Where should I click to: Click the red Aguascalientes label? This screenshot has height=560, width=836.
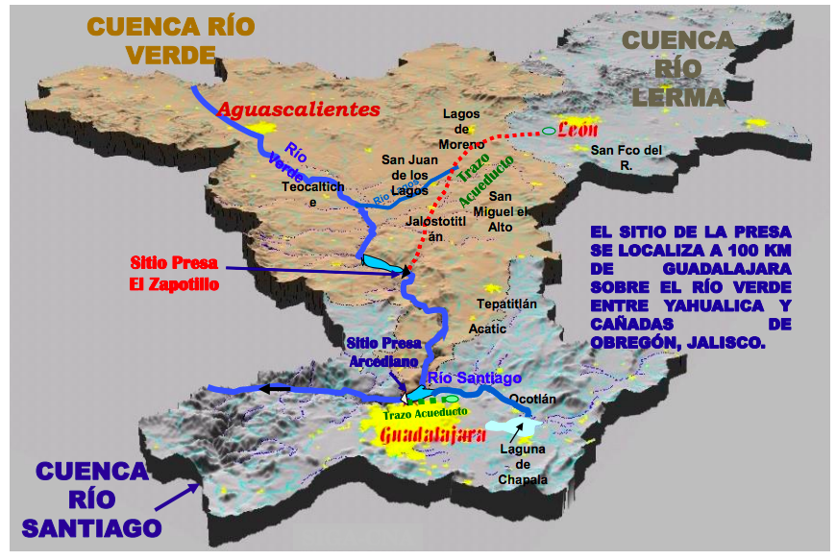(299, 110)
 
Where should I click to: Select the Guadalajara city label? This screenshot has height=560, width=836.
(430, 434)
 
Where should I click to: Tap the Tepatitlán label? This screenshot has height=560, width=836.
(506, 304)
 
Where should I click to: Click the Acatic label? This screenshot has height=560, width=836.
(487, 328)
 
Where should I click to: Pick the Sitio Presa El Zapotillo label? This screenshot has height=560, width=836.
(174, 274)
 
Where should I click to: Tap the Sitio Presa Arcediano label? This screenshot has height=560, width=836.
(383, 352)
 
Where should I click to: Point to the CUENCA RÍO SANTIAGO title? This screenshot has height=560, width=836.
(92, 499)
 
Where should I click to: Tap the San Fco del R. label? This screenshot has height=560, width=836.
(627, 157)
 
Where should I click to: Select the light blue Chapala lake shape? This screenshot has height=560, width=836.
(511, 426)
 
